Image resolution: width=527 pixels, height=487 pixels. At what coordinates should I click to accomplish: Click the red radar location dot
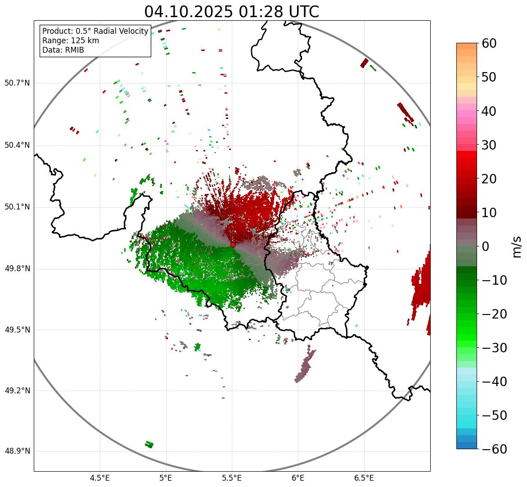coord(233,245)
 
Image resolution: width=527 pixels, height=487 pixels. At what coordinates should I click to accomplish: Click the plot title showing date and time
coord(231,12)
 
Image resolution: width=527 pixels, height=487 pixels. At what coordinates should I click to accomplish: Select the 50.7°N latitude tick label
coord(17,83)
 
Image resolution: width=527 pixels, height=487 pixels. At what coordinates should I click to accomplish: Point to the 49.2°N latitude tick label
coord(17,391)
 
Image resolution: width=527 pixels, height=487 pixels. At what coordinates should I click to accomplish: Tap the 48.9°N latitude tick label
coord(17,451)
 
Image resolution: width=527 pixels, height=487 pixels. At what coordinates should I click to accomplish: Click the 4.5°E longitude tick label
coord(100,478)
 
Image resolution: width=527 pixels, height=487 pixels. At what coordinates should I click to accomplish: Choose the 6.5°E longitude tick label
coord(364,478)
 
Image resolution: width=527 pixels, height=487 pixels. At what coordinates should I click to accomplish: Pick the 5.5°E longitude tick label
coord(232,478)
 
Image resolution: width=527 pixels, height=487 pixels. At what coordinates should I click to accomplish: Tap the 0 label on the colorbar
coord(486,246)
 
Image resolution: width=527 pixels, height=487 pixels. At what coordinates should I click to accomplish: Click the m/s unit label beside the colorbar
coord(517,246)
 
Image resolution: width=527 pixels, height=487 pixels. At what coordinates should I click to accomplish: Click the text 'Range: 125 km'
coord(71,41)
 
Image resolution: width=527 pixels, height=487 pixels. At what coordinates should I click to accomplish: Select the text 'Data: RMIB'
coord(63,50)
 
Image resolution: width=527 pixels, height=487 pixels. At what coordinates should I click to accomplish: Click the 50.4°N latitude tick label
coord(17,145)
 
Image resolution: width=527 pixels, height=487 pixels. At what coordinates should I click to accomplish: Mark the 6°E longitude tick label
coord(297,478)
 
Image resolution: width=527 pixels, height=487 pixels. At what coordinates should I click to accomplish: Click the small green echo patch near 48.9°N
coord(149,445)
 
